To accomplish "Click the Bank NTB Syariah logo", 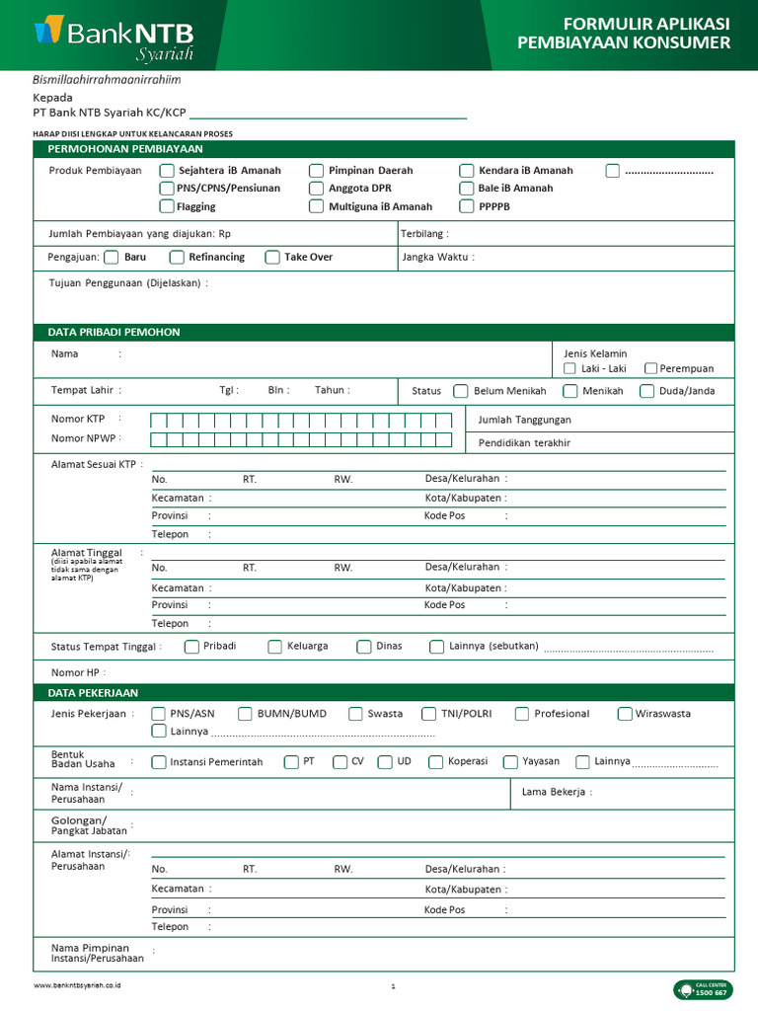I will click(x=114, y=38).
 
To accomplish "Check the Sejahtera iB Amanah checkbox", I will click(x=167, y=170).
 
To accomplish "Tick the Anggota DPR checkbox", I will click(x=316, y=188).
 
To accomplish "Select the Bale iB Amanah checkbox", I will click(x=467, y=188).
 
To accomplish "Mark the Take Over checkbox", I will click(x=272, y=258).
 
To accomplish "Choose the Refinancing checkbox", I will click(x=177, y=258).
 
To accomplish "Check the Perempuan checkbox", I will click(x=651, y=368).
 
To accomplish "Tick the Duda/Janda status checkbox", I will click(x=646, y=391).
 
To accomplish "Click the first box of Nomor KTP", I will click(x=158, y=420).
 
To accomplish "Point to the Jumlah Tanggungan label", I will click(x=524, y=420).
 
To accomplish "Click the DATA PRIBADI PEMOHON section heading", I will click(x=114, y=332).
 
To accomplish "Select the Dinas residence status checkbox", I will click(x=365, y=647).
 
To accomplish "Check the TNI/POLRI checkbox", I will click(x=428, y=714).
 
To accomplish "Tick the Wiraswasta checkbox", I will click(x=625, y=714).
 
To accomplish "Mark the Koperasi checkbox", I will click(x=436, y=762).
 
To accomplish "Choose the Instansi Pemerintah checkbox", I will click(x=159, y=762).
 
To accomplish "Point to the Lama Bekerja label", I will click(x=557, y=792).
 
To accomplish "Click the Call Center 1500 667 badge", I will click(x=703, y=989).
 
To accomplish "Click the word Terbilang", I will click(x=423, y=234).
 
